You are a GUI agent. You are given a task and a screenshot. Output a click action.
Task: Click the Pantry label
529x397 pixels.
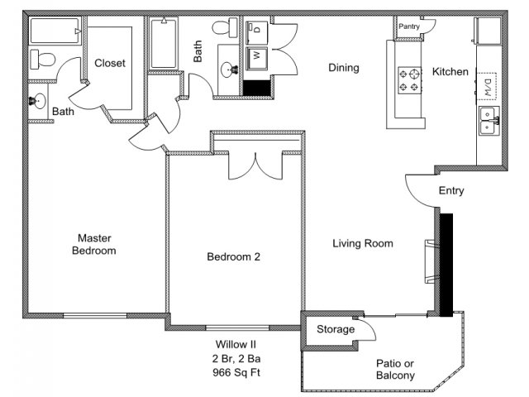pyautogui.click(x=409, y=26)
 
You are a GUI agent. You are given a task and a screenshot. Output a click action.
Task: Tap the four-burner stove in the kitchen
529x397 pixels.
pyautogui.click(x=407, y=79)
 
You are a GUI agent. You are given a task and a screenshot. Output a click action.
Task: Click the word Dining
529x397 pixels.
pyautogui.click(x=343, y=68)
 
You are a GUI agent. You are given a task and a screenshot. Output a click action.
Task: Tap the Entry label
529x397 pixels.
pyautogui.click(x=451, y=191)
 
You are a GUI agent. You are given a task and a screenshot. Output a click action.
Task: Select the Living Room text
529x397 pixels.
pyautogui.click(x=362, y=243)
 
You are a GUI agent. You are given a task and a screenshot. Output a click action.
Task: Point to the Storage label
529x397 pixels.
pyautogui.click(x=336, y=329)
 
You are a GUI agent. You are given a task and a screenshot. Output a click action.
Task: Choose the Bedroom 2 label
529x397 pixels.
pyautogui.click(x=233, y=256)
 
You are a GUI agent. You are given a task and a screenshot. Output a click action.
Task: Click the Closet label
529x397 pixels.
pyautogui.click(x=109, y=64)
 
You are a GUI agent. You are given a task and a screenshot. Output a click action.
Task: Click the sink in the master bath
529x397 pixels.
pyautogui.click(x=39, y=102)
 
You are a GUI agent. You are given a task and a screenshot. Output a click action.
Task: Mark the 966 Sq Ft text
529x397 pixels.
pyautogui.click(x=232, y=372)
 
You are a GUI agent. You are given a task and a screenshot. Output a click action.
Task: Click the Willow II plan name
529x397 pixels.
pyautogui.click(x=232, y=344)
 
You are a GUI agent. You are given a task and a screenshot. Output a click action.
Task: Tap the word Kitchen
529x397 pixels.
pyautogui.click(x=450, y=72)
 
